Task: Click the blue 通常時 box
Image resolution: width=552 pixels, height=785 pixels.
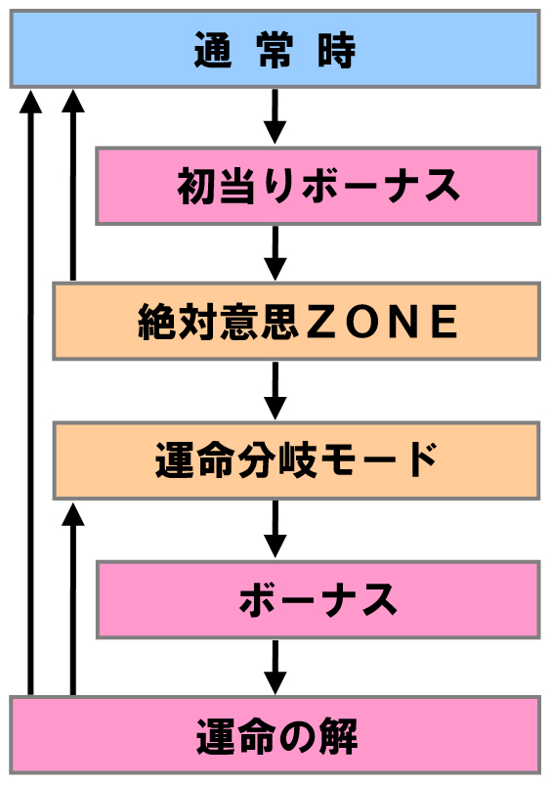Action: tap(275, 49)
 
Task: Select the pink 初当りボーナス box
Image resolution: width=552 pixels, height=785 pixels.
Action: tap(318, 186)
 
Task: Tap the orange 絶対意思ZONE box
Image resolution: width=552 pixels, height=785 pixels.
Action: tap(296, 321)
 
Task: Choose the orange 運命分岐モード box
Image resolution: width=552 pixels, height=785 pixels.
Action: tap(296, 460)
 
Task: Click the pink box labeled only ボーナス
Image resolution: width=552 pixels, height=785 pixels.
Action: tap(318, 599)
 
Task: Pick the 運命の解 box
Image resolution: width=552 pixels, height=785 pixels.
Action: tap(275, 734)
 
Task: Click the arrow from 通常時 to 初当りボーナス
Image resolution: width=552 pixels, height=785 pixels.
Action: tap(275, 116)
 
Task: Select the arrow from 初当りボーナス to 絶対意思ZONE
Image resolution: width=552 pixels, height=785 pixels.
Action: tap(275, 253)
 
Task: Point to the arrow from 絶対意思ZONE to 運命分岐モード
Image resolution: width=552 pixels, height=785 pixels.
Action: tap(275, 391)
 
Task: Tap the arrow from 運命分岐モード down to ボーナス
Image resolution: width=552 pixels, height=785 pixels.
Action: tap(275, 530)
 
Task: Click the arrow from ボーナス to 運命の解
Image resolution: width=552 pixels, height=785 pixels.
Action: tap(275, 668)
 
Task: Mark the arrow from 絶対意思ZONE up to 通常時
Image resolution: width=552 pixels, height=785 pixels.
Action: tap(73, 185)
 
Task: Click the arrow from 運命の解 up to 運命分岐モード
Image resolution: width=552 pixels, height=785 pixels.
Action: tap(73, 599)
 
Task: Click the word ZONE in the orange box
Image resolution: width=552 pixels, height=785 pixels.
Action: tap(381, 322)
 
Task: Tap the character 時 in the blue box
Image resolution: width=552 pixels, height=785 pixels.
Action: tap(337, 50)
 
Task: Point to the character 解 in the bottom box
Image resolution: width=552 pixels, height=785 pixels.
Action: tap(338, 736)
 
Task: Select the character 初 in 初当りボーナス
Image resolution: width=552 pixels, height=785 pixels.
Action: tap(196, 186)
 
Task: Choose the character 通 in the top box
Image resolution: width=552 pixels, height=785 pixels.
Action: tap(213, 50)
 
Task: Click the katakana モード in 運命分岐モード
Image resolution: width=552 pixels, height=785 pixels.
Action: tap(379, 460)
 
